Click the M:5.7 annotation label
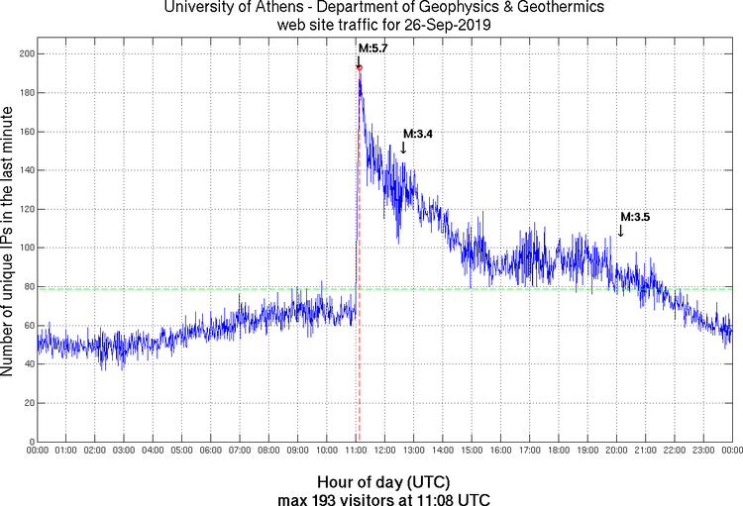coord(372,48)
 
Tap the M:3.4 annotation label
coord(417,134)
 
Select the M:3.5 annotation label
coord(634,216)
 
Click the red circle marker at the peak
coord(359,67)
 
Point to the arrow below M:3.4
coord(403,148)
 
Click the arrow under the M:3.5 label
coord(620,230)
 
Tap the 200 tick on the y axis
coord(24,53)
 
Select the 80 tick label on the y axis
coord(27,286)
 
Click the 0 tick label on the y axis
coord(30,442)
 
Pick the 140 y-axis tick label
coord(24,170)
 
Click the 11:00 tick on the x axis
coord(356,452)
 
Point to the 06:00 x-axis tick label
coord(211,452)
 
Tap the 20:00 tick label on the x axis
coord(616,452)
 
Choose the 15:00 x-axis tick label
coord(472,452)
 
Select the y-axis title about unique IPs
coord(9,243)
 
